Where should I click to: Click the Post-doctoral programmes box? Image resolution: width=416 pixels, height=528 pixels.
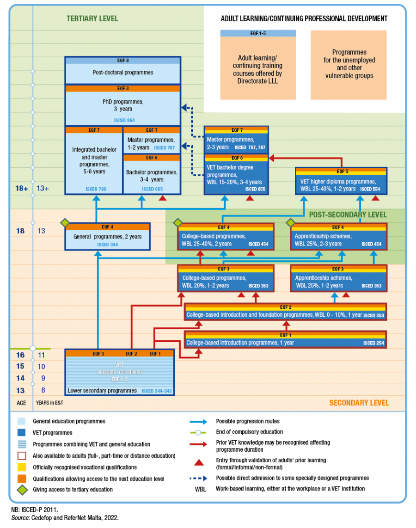(122, 73)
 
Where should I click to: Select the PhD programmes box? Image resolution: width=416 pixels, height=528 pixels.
(122, 105)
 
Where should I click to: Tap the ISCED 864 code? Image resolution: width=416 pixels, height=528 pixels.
(124, 120)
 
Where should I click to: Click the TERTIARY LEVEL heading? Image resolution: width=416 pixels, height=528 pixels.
(92, 19)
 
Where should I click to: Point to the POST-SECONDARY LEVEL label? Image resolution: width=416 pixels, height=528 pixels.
(348, 215)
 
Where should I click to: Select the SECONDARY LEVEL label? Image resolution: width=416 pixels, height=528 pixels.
(359, 403)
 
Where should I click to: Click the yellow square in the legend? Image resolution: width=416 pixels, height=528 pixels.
(21, 467)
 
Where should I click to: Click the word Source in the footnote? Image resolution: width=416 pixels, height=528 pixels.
(20, 518)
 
